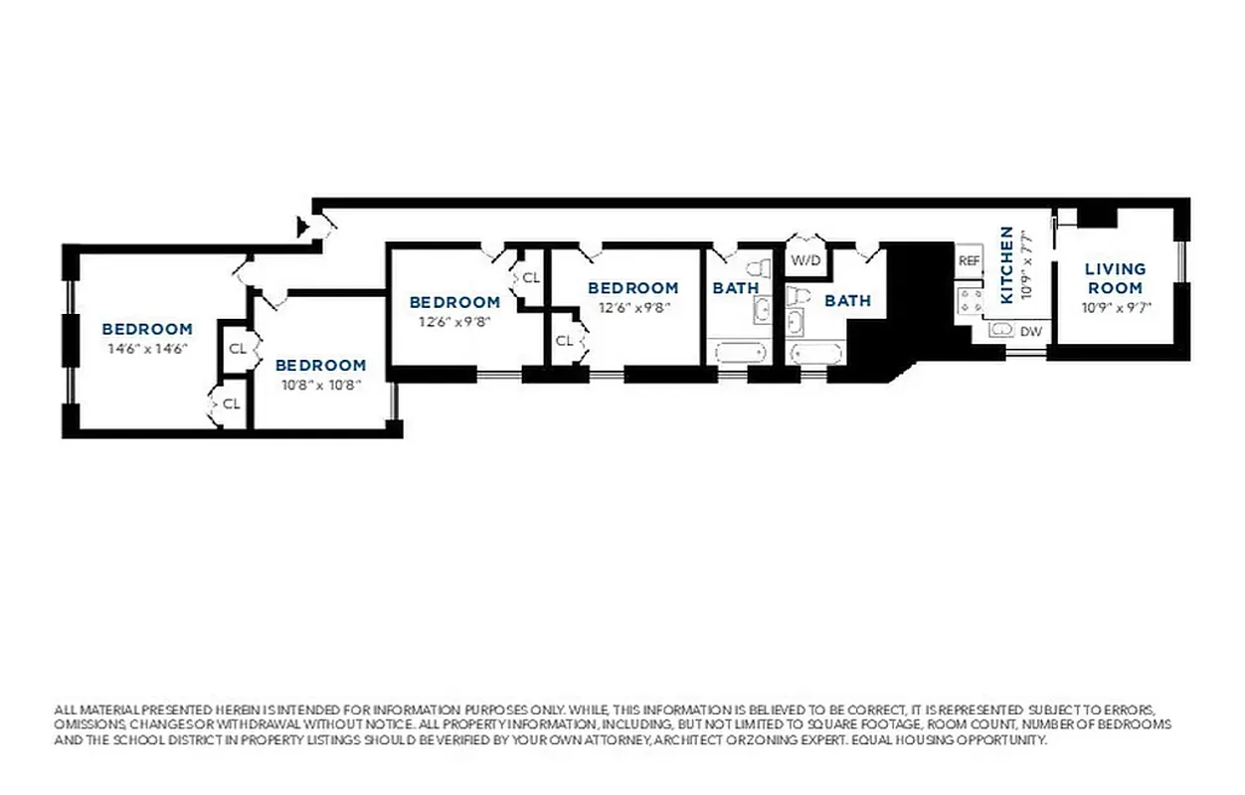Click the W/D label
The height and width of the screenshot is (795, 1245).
[x=804, y=260]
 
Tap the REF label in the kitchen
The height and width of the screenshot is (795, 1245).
[x=969, y=260]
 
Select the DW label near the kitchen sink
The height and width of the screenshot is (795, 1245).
[x=1031, y=331]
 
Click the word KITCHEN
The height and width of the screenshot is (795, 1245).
[x=1006, y=265]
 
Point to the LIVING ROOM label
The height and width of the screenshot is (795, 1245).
[x=1115, y=278]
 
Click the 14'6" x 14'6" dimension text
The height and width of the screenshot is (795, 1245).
[x=147, y=349]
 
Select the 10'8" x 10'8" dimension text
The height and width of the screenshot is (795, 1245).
[x=320, y=385]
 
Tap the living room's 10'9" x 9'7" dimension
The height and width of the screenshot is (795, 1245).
[x=1116, y=307]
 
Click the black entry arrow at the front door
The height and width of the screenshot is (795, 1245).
[x=303, y=228]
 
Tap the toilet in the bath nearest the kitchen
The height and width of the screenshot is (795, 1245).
[x=797, y=295]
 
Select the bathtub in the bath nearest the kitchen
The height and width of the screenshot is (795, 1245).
[x=815, y=353]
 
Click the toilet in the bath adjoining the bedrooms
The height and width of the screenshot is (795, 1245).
[x=758, y=268]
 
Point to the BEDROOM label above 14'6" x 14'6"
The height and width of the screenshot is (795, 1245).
[x=147, y=329]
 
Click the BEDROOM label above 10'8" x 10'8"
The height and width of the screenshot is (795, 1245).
[x=320, y=365]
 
